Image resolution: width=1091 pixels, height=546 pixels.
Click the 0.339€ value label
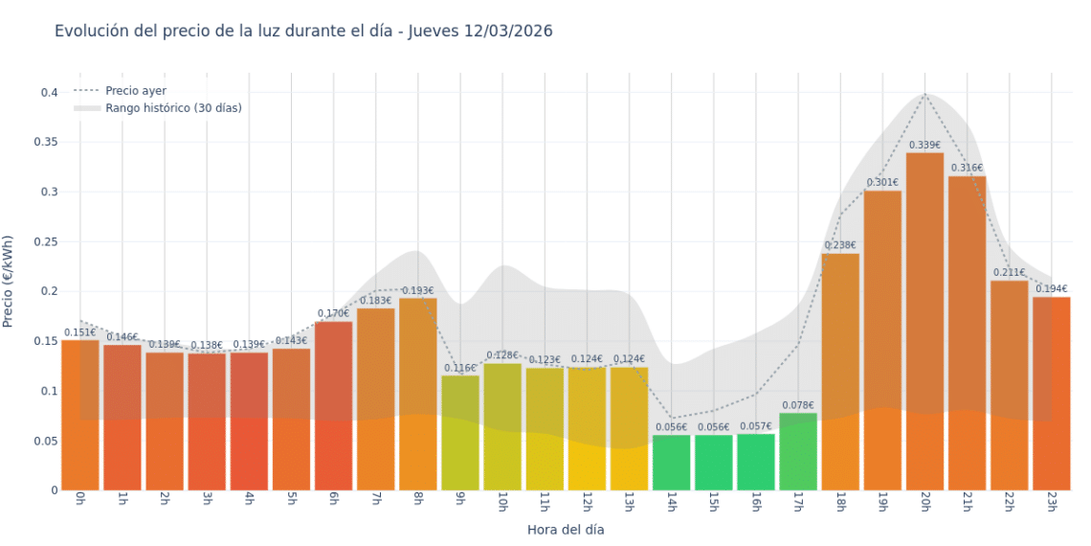(x=924, y=146)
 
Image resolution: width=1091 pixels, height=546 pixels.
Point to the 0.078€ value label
(x=798, y=405)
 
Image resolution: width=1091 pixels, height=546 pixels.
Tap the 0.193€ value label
(x=418, y=291)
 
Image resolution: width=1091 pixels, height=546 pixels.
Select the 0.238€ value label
(x=840, y=245)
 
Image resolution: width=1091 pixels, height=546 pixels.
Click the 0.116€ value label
(x=460, y=368)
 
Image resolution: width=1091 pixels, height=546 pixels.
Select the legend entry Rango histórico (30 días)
(x=173, y=108)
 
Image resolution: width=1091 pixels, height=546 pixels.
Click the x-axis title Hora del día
(x=566, y=529)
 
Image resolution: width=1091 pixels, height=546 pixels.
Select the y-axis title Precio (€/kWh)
(x=9, y=282)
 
